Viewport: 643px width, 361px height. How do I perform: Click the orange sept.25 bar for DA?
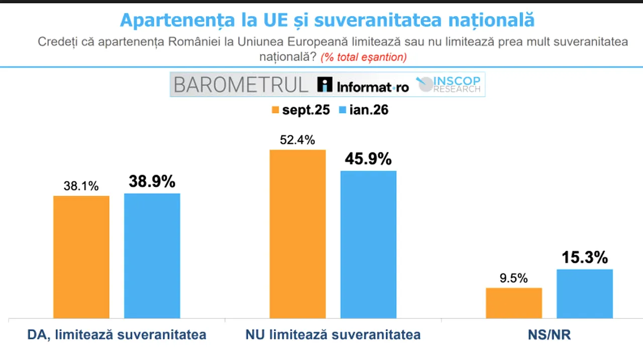(x=81, y=257)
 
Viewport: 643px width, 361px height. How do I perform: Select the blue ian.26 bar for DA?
(x=152, y=256)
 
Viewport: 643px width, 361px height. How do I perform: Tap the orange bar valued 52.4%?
(x=297, y=234)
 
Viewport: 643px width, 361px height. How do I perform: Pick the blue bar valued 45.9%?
(x=368, y=244)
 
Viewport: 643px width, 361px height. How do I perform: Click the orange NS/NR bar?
(x=514, y=303)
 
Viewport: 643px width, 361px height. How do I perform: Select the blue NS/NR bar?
(x=585, y=294)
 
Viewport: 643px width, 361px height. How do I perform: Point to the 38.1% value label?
(x=81, y=186)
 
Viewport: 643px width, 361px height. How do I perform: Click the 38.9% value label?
(x=152, y=182)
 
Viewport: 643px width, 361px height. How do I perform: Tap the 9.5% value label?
(x=513, y=278)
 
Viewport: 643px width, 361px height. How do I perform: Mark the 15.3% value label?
(x=585, y=258)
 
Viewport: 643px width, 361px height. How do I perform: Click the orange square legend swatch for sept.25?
(x=275, y=110)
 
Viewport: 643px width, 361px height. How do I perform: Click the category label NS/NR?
(x=549, y=335)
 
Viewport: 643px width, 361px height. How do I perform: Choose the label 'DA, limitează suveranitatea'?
(x=117, y=335)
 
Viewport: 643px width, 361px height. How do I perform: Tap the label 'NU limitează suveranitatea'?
(x=333, y=335)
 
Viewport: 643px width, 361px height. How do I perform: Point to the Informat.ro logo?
(x=363, y=86)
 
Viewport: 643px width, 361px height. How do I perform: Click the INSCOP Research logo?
(x=450, y=84)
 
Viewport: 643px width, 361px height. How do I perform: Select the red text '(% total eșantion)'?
(x=364, y=57)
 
